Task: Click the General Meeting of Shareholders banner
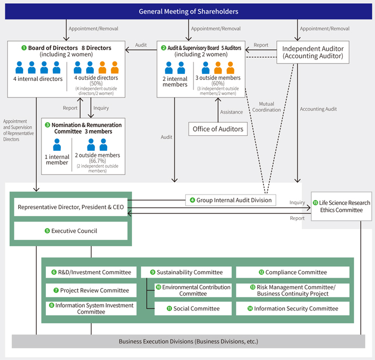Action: click(188, 11)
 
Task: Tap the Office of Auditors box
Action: click(218, 129)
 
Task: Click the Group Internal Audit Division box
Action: click(230, 200)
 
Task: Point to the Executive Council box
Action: click(70, 231)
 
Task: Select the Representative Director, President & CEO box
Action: click(70, 206)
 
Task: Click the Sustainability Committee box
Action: click(186, 272)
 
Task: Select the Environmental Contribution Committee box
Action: click(192, 290)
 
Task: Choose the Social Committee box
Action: click(192, 308)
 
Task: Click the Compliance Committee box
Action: click(292, 272)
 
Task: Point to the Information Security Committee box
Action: click(292, 308)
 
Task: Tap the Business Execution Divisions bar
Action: click(188, 341)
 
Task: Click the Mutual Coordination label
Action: click(270, 107)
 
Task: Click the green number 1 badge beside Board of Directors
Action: click(24, 48)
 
